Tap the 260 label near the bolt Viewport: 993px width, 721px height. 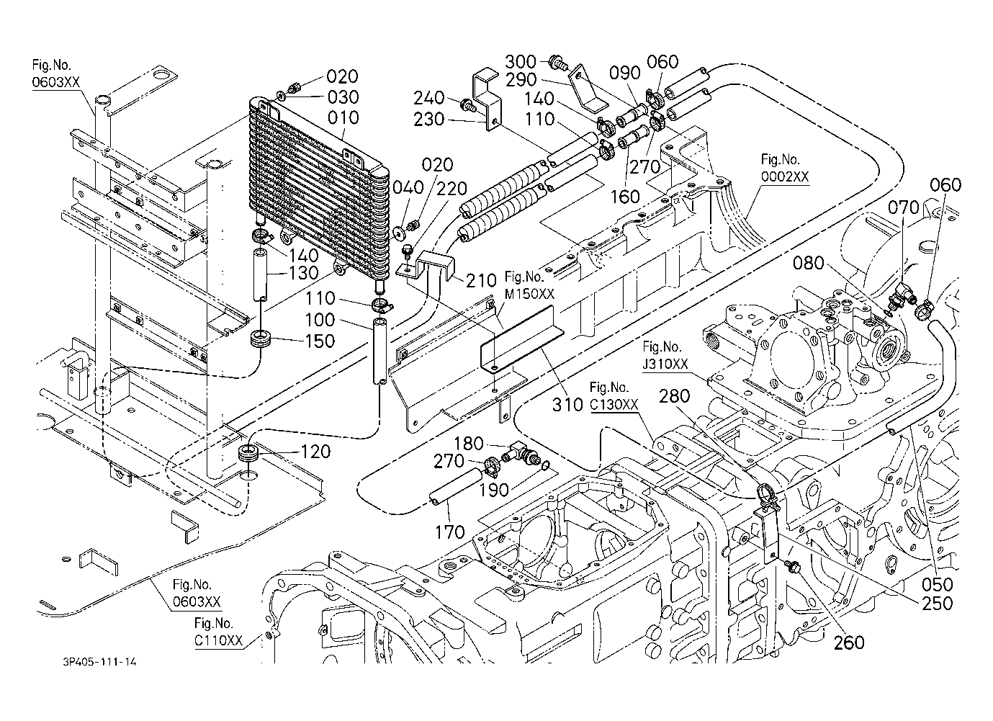point(849,642)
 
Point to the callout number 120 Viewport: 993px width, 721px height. point(315,452)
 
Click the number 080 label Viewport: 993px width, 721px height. point(808,264)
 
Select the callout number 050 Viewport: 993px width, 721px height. point(937,585)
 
